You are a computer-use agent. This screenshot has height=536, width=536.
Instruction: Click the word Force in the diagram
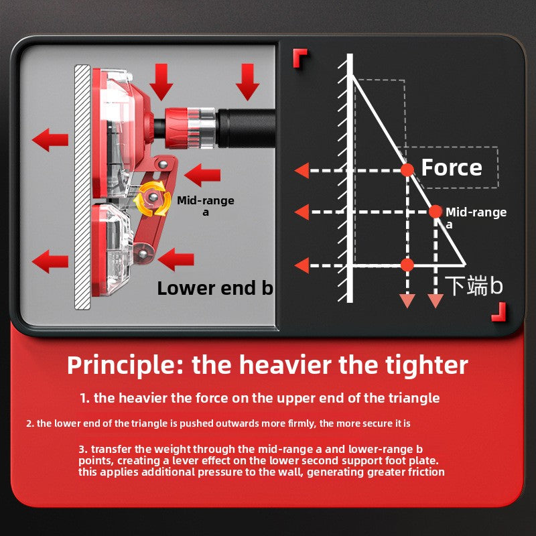tap(451, 167)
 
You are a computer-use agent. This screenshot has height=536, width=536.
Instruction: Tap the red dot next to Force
tap(407, 170)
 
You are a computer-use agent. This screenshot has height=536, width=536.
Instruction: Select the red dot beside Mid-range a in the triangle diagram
tap(435, 212)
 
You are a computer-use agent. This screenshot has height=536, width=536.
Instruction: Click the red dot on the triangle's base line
tap(407, 265)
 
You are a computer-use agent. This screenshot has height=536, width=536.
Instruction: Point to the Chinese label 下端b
tap(474, 285)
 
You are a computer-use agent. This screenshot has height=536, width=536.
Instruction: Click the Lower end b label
tap(215, 288)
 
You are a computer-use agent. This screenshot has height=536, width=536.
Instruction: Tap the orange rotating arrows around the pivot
tap(153, 199)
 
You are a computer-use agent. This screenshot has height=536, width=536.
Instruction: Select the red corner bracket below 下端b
tap(498, 312)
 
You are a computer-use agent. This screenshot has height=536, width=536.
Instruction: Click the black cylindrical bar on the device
tap(246, 128)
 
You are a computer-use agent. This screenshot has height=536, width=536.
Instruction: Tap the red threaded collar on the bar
tap(176, 128)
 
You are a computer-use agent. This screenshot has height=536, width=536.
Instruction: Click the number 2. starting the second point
tap(30, 423)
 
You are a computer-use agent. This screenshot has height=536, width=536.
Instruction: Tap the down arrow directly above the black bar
tap(247, 82)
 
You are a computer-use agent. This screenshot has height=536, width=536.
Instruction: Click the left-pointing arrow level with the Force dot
tap(302, 170)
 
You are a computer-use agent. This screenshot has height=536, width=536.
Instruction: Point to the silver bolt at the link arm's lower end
tap(143, 254)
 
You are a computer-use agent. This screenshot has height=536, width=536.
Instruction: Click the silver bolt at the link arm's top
tap(163, 165)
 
